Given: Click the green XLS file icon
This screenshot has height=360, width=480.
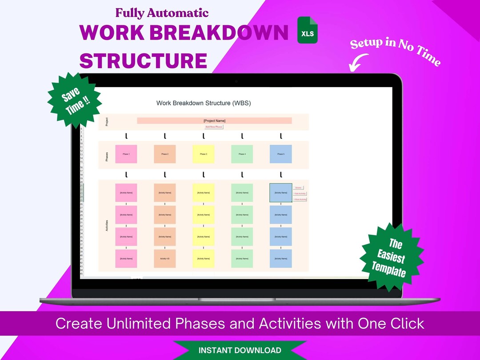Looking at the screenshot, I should click(x=308, y=30).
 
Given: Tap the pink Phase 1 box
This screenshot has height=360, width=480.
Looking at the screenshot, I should click(x=126, y=154).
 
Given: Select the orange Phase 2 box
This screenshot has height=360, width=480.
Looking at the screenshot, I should click(x=165, y=154).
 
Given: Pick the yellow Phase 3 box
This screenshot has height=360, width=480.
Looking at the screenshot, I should click(x=204, y=154).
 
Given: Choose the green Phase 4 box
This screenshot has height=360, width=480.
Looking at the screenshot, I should click(x=242, y=154).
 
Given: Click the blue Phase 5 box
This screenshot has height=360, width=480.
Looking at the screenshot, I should click(x=281, y=154).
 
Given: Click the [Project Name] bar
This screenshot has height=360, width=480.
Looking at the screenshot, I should click(x=214, y=120).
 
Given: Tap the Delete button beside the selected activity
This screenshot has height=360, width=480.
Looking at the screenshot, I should click(x=298, y=188).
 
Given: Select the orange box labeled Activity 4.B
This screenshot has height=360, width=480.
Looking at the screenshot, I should click(x=165, y=259).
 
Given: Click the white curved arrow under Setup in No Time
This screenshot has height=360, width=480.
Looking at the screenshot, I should click(x=358, y=62).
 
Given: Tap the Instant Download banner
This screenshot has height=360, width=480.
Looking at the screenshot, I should click(x=240, y=350).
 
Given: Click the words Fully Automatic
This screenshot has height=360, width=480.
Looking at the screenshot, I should click(x=162, y=13).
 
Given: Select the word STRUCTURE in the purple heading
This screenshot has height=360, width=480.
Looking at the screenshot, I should click(x=143, y=60).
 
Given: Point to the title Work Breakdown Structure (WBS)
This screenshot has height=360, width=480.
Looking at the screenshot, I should click(x=204, y=103).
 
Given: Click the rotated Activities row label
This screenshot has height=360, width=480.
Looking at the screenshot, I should click(x=107, y=225).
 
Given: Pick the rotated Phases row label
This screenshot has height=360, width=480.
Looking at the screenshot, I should click(x=107, y=156).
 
